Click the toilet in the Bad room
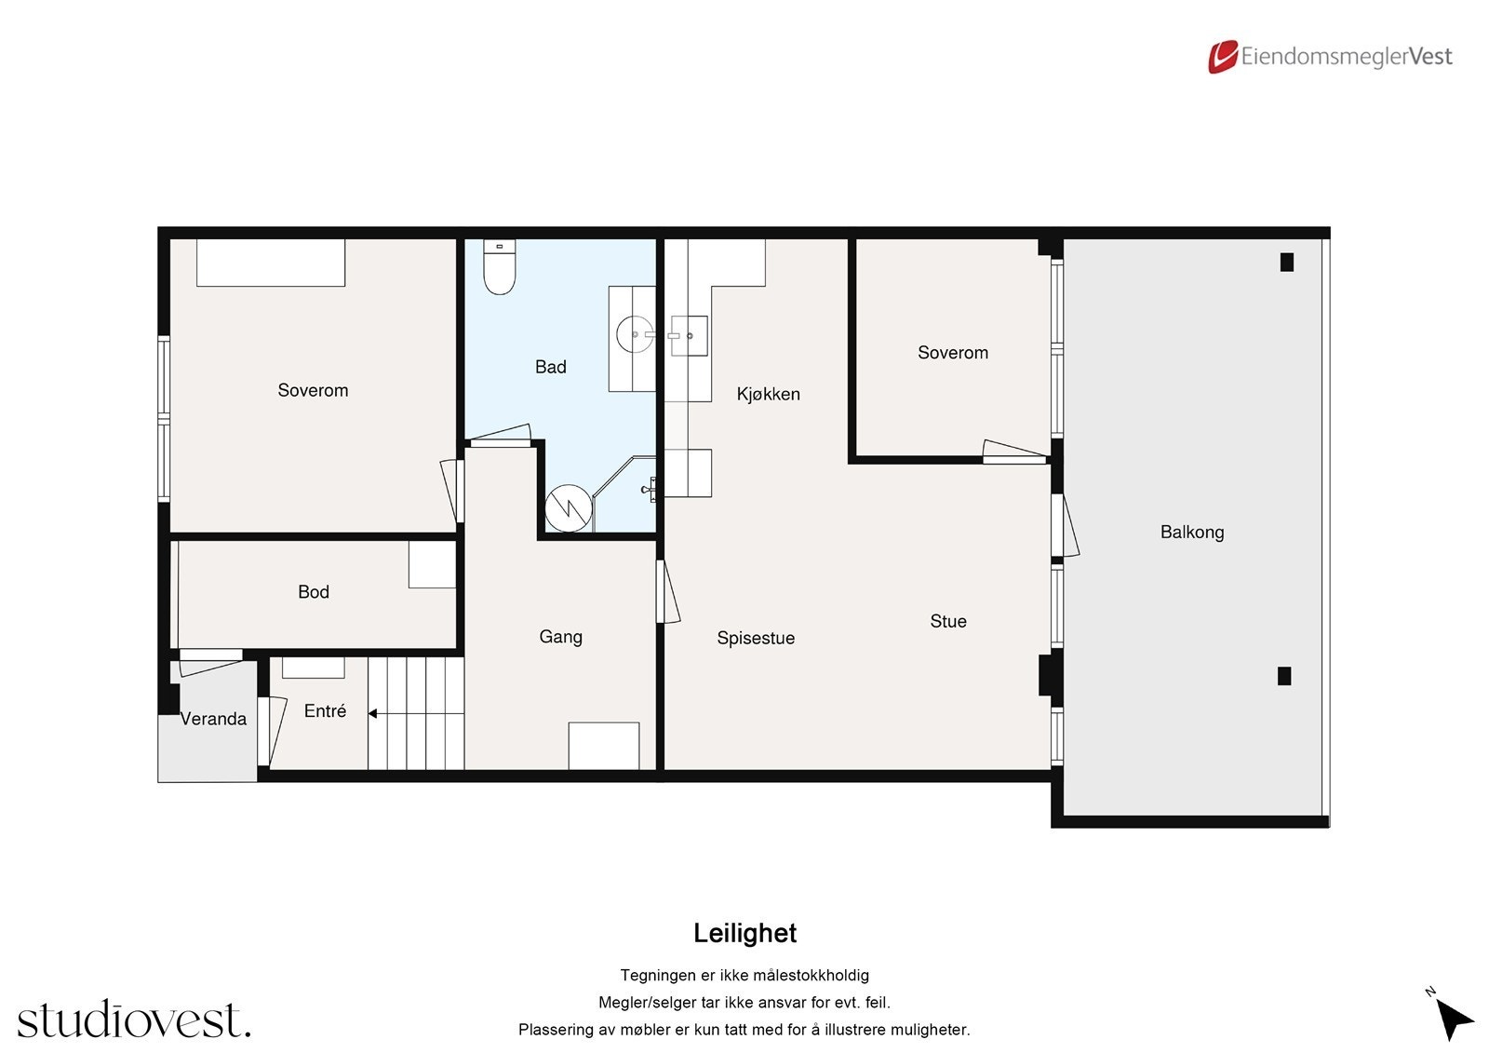coord(499,267)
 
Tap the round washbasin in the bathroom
coord(634,334)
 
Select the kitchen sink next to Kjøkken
coord(689,335)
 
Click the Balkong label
coord(1192,533)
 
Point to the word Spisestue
coord(756,638)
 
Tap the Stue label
coord(948,621)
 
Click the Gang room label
coord(560,637)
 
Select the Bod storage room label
coord(313,592)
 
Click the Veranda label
coord(213,719)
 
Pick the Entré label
coord(325,711)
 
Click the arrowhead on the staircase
coord(373,714)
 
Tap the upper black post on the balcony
coord(1287,262)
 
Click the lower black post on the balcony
coord(1284,676)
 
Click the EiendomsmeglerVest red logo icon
coord(1223,57)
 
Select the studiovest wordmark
coord(134,1019)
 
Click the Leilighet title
coord(744,933)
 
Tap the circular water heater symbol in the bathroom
coord(569,508)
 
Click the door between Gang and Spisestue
coord(667,591)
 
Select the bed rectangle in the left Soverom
coord(271,263)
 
